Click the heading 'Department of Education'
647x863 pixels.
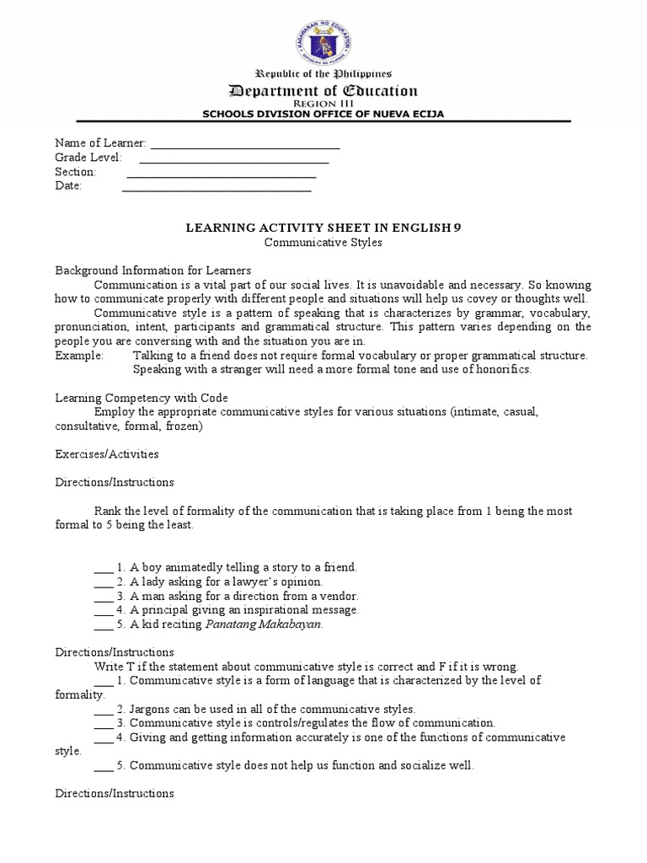click(323, 91)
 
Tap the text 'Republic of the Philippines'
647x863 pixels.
click(323, 74)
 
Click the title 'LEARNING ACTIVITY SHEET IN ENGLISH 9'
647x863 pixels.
click(323, 228)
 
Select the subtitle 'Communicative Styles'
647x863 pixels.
click(323, 242)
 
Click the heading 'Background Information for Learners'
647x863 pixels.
click(153, 271)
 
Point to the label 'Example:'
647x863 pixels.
click(79, 356)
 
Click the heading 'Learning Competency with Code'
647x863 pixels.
click(142, 398)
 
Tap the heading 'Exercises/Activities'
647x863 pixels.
click(107, 454)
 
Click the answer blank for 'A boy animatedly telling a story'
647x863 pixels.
click(104, 569)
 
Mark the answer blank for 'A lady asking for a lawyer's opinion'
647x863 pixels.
click(104, 583)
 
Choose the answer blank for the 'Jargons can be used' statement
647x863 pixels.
click(104, 710)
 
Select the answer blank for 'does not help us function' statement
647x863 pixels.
click(104, 767)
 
